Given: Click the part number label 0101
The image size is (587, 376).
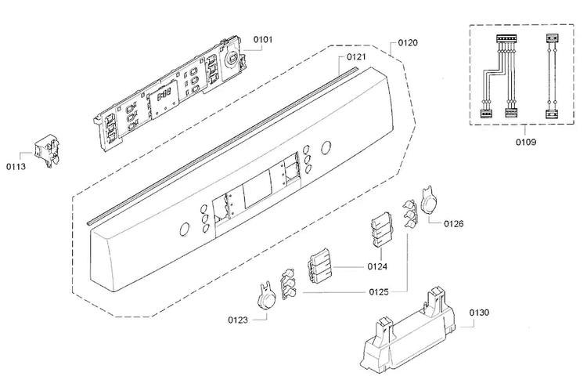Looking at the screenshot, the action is point(263,39).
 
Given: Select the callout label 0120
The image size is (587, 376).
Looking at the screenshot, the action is point(408,43).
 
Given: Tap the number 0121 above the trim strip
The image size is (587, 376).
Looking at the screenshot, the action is point(356,57).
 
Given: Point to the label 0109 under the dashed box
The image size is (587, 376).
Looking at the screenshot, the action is point(526,142).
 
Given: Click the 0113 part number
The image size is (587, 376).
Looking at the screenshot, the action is point(16,166).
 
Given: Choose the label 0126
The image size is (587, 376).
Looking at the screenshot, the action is point(453,224).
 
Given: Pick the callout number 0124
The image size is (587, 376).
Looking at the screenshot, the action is point(377,266).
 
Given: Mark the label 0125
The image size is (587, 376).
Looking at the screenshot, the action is point(379,291).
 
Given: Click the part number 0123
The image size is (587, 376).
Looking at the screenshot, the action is point(238,320).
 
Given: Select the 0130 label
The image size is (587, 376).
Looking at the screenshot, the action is point(479,313).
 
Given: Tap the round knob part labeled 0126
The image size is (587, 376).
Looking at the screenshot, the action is point(427,201).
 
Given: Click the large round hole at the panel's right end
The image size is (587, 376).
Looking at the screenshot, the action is point(326,147).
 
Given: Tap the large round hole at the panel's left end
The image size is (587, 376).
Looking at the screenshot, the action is point(184,230).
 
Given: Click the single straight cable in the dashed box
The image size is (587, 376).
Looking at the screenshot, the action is point(550,77).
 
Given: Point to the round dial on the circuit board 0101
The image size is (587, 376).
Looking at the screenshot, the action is point(233,59).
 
